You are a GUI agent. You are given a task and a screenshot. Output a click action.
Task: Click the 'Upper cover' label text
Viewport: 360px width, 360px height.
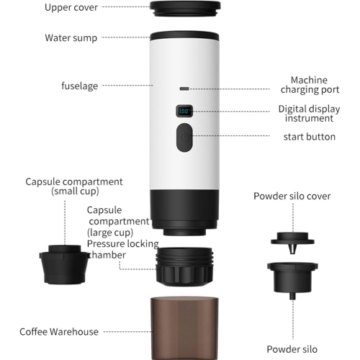click(71, 7)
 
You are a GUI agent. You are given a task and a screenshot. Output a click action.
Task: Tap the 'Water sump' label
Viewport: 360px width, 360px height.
click(71, 37)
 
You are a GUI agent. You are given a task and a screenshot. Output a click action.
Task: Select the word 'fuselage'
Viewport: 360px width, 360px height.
click(79, 86)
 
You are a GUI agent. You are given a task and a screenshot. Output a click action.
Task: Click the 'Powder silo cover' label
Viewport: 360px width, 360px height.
click(292, 196)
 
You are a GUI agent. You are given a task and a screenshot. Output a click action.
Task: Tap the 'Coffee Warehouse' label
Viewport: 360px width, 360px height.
click(60, 332)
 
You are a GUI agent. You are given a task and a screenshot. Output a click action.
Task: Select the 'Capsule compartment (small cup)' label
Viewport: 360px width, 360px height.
click(74, 186)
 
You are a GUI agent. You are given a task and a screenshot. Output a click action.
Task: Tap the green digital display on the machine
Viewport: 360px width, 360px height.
click(185, 112)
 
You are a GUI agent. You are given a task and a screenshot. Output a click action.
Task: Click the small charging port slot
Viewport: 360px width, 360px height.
click(185, 89)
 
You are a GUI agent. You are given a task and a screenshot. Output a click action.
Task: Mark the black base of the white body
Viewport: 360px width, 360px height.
click(184, 209)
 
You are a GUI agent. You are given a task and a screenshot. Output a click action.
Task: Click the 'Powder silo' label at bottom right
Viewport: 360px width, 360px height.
click(292, 348)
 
